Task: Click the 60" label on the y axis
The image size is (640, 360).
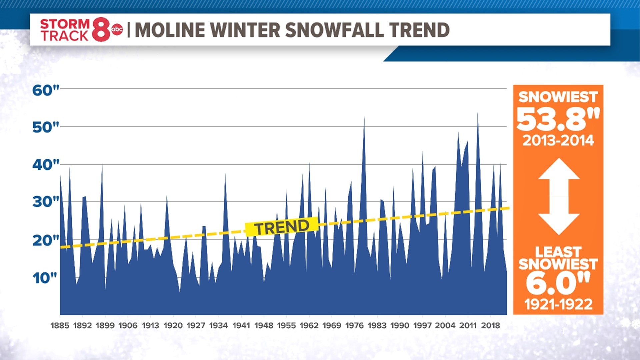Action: pyautogui.click(x=45, y=90)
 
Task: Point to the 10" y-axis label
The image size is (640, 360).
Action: pyautogui.click(x=45, y=278)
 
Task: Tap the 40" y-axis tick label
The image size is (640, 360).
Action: pyautogui.click(x=45, y=165)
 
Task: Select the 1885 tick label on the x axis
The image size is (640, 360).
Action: pyautogui.click(x=60, y=325)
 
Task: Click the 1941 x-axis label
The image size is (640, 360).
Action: pyautogui.click(x=241, y=325)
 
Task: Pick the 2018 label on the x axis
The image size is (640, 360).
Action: pyautogui.click(x=490, y=325)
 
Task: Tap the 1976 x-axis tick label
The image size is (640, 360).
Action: pyautogui.click(x=354, y=325)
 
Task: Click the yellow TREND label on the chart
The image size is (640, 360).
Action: pyautogui.click(x=282, y=227)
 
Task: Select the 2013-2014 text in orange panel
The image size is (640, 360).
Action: pyautogui.click(x=558, y=140)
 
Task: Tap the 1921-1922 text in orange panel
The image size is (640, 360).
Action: pyautogui.click(x=558, y=304)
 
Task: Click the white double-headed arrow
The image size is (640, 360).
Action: pyautogui.click(x=559, y=197)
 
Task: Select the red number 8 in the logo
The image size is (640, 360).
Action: pyautogui.click(x=101, y=30)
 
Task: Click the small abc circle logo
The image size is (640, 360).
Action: pyautogui.click(x=117, y=30)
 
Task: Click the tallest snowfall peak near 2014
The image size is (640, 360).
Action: pyautogui.click(x=478, y=115)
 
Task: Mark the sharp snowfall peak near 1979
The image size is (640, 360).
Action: pyautogui.click(x=364, y=119)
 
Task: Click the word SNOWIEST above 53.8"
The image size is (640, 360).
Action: pyautogui.click(x=558, y=97)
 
